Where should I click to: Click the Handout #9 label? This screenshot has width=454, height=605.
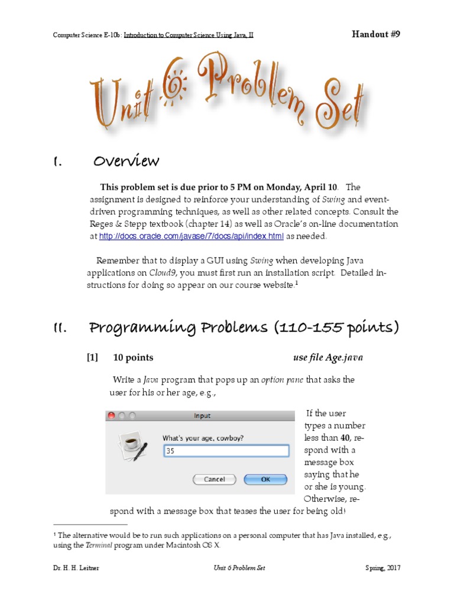tap(377, 34)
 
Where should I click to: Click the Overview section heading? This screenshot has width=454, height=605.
tap(125, 161)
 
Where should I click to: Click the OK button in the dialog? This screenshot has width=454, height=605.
tap(265, 479)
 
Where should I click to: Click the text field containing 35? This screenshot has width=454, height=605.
tap(225, 451)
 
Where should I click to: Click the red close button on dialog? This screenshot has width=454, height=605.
tap(111, 415)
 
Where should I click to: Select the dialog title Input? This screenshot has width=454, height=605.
tap(202, 416)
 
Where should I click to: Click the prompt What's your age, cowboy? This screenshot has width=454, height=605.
tap(203, 438)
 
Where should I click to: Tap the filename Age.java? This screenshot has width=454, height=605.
tap(336, 357)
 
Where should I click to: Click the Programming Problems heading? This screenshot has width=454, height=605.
tap(244, 327)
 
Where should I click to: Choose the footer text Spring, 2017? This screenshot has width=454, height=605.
tap(383, 568)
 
